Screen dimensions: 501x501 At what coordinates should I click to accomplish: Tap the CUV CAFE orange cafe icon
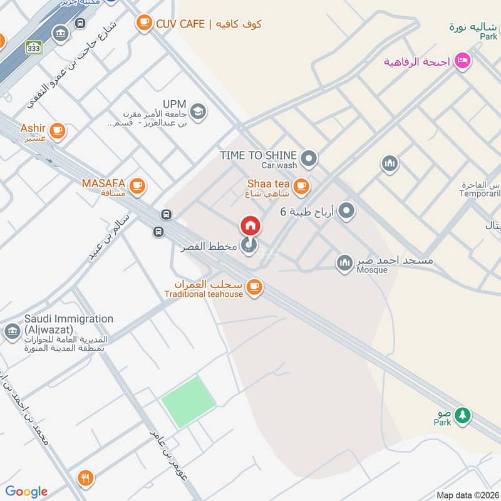145,24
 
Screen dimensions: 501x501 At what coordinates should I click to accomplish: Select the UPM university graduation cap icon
199,111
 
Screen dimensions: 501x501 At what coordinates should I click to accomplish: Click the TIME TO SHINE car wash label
258,155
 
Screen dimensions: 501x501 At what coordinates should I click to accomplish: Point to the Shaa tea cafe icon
301,185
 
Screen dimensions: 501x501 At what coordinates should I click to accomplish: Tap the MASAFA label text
104,184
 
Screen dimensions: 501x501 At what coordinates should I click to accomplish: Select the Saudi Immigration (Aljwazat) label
69,324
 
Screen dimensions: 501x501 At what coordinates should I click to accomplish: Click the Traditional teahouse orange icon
254,287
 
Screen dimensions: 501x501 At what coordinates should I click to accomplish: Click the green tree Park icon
462,415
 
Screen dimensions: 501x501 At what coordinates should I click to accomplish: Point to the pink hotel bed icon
463,62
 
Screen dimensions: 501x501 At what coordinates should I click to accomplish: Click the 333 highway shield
34,47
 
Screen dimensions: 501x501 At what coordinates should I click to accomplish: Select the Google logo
26,492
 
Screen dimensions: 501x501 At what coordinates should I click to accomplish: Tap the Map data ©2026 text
467,495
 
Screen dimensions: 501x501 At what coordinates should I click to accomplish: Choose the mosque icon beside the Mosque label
344,264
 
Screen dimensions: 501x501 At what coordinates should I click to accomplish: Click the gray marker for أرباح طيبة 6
346,212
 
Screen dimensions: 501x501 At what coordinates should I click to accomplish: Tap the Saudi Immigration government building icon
12,331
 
